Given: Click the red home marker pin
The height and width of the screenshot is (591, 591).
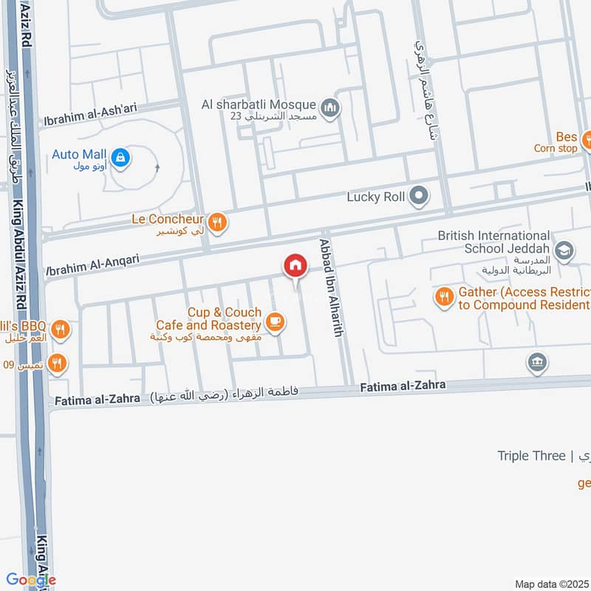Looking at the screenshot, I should point(295,265).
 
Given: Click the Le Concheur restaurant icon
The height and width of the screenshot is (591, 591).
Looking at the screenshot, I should point(216,221).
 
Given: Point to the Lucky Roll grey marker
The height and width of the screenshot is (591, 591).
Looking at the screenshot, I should point(419,197).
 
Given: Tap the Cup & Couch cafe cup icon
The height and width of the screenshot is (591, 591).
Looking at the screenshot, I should point(276,321).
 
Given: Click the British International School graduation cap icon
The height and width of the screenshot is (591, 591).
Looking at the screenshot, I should point(564,251).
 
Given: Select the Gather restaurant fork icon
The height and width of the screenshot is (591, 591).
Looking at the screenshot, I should point(444,297).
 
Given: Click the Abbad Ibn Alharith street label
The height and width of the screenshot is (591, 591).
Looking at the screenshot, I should point(331,288).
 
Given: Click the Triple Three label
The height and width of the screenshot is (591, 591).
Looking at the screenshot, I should point(530,456).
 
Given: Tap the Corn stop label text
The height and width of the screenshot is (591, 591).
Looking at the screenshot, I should point(556,148).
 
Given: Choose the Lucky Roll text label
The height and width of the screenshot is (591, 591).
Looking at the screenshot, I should point(375,197).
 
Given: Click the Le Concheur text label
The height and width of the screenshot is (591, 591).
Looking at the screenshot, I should point(167,219).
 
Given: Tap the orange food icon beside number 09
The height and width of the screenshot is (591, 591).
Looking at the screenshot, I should point(57,363).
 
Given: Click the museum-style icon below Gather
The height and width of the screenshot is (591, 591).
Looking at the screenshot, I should point(536,362).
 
